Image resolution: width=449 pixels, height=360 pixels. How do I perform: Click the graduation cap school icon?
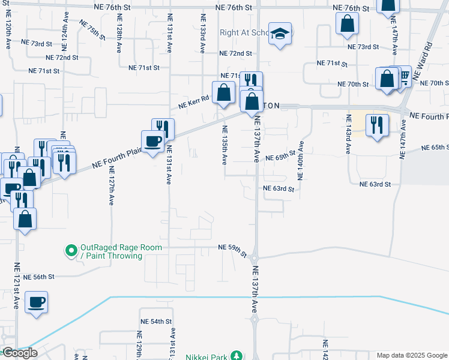click(280, 33)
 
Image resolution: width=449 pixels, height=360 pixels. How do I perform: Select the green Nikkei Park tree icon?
click(237, 356)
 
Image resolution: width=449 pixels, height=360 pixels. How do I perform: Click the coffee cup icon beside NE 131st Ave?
click(152, 141)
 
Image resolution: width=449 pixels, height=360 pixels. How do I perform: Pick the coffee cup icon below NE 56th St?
click(37, 301)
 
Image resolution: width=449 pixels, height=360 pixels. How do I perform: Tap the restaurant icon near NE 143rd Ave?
click(376, 125)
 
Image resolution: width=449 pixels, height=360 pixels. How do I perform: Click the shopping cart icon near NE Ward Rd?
click(403, 75)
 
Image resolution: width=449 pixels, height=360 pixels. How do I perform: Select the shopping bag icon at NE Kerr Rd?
click(223, 93)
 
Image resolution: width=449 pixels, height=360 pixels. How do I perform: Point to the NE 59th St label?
click(232, 250)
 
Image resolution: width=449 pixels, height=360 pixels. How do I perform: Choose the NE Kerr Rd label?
click(193, 103)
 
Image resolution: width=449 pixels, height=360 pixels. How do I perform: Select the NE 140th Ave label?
click(301, 160)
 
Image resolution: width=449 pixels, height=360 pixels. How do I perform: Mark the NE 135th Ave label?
click(224, 145)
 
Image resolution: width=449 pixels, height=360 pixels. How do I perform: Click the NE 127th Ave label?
click(111, 186)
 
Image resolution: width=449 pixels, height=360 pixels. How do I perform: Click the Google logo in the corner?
click(19, 353)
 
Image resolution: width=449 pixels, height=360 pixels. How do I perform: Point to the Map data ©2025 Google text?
click(411, 355)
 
